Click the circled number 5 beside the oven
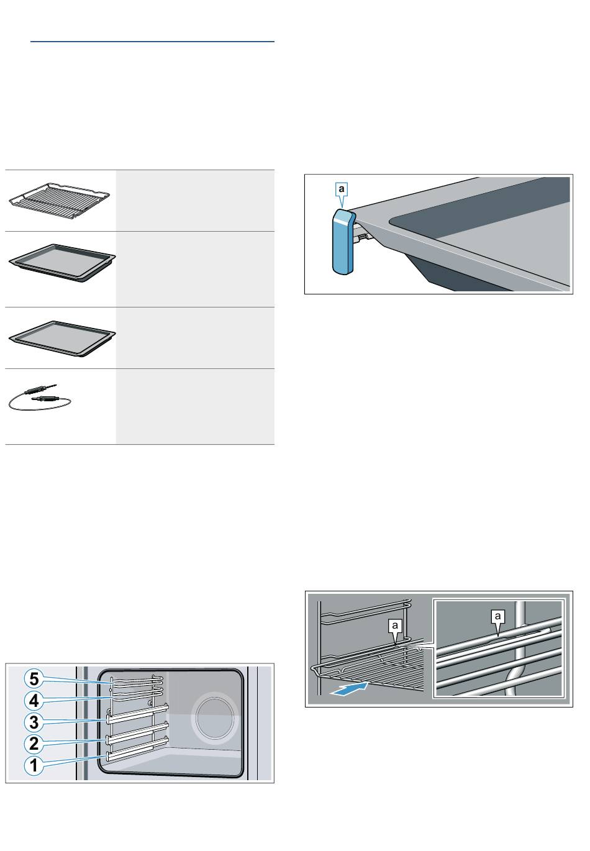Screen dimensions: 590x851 point(34,679)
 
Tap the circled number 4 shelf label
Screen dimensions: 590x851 point(34,700)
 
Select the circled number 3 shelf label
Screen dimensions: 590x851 point(34,722)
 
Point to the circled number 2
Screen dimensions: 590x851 point(34,744)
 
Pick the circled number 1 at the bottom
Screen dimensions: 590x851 point(34,765)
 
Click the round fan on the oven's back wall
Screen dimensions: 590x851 point(215,716)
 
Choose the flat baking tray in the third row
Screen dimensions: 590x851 point(62,339)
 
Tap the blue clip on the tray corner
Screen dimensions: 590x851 point(343,242)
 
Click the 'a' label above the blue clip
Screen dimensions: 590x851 point(342,189)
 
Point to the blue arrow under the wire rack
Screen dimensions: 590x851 point(349,688)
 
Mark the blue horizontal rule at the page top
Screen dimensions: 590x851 point(152,41)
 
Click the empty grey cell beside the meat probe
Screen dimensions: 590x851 point(195,406)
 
